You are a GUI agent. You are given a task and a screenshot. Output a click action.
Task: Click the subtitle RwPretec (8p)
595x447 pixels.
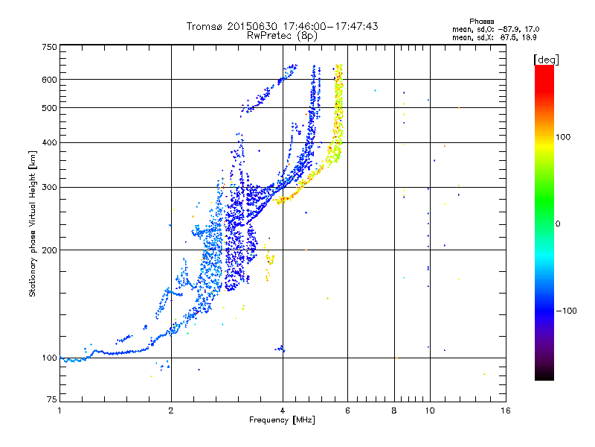point(282,36)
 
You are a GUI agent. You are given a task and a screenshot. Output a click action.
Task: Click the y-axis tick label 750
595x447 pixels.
point(50,47)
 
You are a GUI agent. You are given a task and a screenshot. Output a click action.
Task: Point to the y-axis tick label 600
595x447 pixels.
point(50,80)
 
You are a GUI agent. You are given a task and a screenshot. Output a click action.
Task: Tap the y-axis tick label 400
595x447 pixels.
point(50,142)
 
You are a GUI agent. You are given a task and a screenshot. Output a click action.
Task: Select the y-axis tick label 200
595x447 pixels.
point(50,250)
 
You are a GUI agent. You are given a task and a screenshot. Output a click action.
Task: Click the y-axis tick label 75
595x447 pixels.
point(52,399)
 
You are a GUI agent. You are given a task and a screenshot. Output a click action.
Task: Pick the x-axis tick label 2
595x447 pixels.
point(171,410)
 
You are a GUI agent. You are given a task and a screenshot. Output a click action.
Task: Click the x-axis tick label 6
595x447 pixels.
point(347,410)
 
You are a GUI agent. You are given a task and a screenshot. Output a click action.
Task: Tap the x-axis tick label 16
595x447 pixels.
point(506,410)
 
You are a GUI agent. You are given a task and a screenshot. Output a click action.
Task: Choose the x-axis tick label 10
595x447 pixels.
point(430,410)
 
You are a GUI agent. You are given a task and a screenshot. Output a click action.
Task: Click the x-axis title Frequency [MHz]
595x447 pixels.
point(282,420)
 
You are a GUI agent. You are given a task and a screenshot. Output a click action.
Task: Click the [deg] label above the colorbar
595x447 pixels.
point(547,60)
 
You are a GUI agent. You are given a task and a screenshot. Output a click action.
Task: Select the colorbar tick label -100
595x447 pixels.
point(566,311)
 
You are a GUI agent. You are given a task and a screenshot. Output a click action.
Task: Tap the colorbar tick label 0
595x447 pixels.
point(558,224)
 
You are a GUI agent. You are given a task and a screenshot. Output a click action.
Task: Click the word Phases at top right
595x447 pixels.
point(481,22)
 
